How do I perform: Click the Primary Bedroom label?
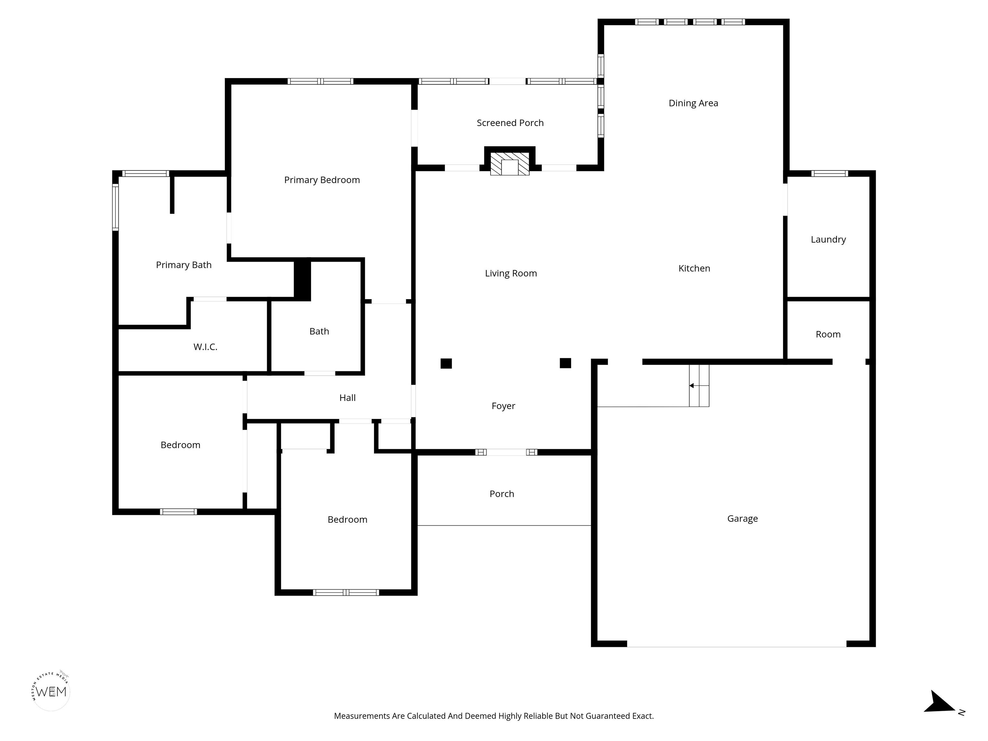[322, 180]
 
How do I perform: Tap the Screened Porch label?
[510, 123]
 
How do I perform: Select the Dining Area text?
[693, 103]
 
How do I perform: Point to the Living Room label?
[511, 273]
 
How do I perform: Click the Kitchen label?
[694, 269]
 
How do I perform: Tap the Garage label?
[742, 518]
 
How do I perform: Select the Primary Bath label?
[184, 265]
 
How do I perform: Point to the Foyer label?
[503, 406]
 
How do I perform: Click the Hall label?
[347, 398]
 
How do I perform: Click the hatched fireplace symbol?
[510, 164]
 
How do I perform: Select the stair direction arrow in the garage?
[699, 386]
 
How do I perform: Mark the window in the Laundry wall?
[829, 174]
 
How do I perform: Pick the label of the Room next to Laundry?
[828, 334]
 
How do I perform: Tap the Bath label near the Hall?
[319, 331]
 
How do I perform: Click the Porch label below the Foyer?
[502, 494]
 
